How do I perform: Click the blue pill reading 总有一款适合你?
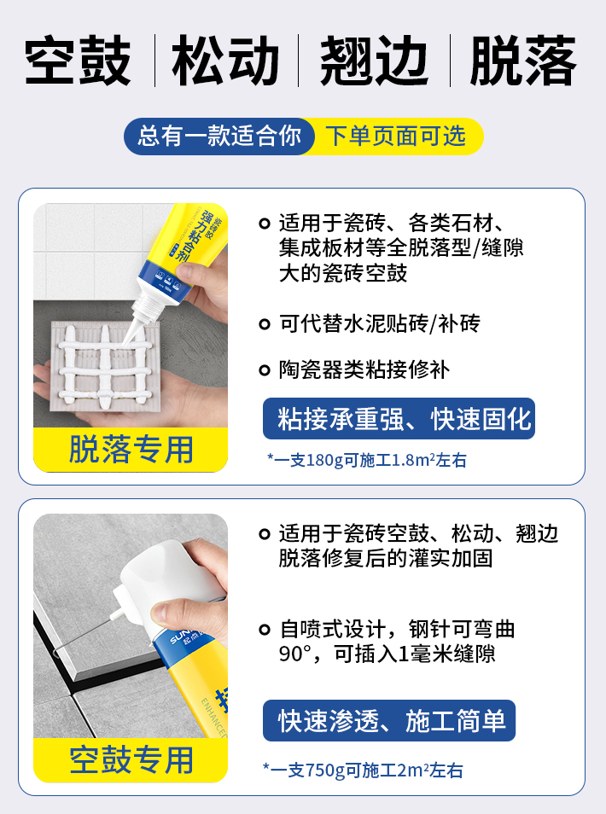pyautogui.click(x=219, y=136)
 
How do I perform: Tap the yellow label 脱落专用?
pyautogui.click(x=131, y=450)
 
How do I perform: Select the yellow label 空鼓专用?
pyautogui.click(x=131, y=759)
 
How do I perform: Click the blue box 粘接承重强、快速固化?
pyautogui.click(x=399, y=419)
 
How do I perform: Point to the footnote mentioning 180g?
pyautogui.click(x=367, y=460)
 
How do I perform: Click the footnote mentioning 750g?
pyautogui.click(x=364, y=770)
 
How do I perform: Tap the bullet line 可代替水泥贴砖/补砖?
pyautogui.click(x=380, y=324)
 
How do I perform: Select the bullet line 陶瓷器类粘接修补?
pyautogui.click(x=364, y=369)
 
